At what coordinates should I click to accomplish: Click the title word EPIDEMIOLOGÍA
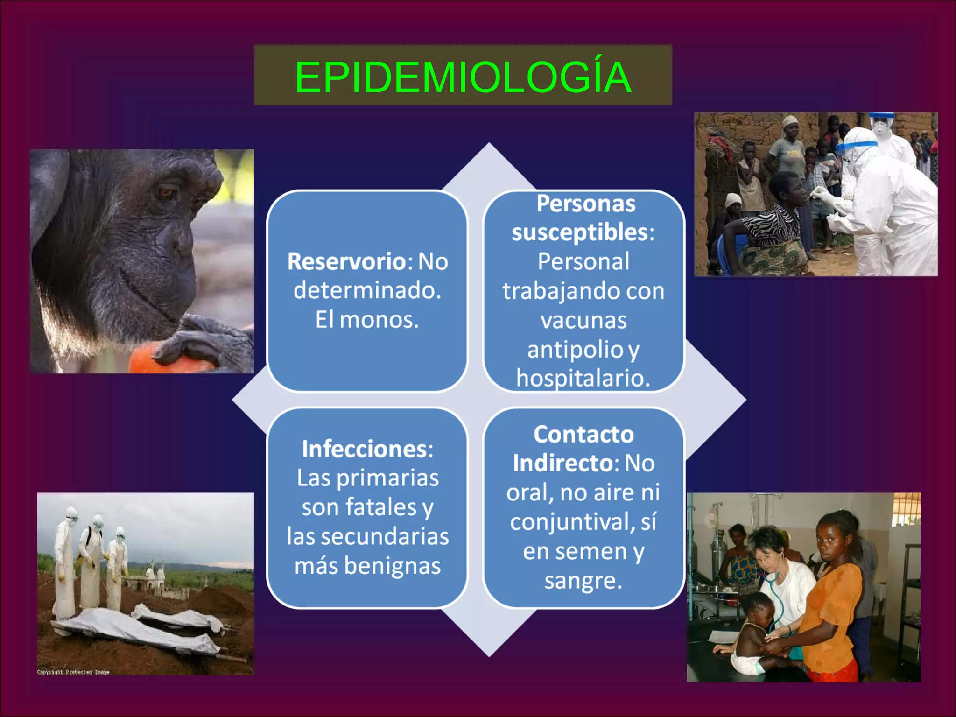point(463,77)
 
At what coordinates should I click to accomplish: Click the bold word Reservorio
point(347,261)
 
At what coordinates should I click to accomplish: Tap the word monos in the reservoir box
point(379,320)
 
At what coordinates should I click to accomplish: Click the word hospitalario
point(583,378)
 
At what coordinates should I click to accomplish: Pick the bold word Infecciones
point(364,449)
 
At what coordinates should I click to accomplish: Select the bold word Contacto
point(583,435)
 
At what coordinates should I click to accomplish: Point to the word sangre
point(583,581)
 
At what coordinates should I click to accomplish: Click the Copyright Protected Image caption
point(73,672)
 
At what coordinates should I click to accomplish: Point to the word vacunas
point(583,321)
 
